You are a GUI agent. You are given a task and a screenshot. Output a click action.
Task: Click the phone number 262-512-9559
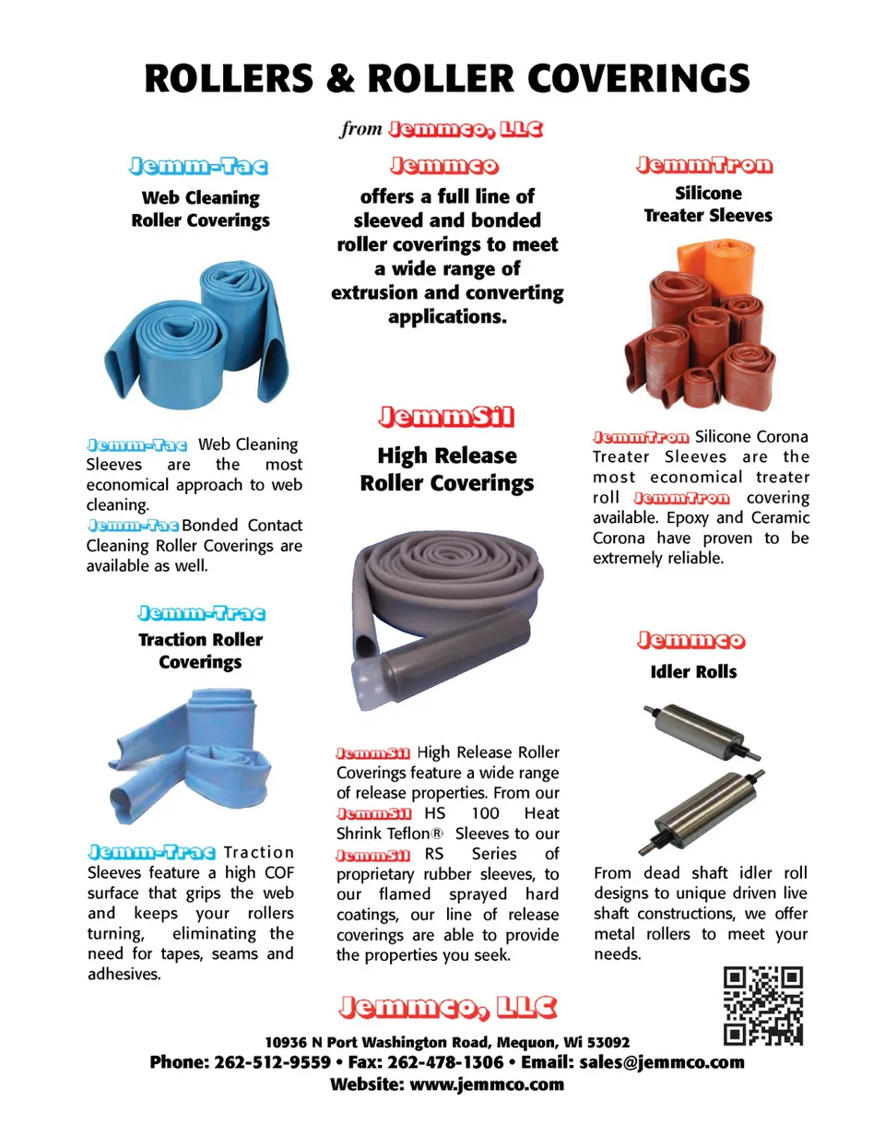[272, 1062]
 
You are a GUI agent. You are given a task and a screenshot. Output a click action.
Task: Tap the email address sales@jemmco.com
[661, 1062]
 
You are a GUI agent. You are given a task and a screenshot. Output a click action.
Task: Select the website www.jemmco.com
[486, 1084]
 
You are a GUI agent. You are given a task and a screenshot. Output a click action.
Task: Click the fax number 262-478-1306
[445, 1062]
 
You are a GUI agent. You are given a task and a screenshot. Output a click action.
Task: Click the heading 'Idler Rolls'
[693, 672]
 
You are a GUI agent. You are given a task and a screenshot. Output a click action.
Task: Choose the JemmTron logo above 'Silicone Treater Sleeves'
[704, 166]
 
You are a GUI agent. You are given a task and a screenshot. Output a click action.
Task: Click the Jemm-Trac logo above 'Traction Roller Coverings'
[201, 613]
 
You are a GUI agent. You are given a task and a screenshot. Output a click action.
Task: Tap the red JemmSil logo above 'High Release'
[446, 417]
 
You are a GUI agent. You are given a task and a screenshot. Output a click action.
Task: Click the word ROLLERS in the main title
[229, 79]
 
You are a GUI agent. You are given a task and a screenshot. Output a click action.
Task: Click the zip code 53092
[608, 1042]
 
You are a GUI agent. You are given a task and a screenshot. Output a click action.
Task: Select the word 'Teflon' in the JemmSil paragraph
[408, 834]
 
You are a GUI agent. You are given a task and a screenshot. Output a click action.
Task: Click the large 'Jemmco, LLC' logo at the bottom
[447, 1007]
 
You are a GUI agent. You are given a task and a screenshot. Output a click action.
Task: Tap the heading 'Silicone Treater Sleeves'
[708, 204]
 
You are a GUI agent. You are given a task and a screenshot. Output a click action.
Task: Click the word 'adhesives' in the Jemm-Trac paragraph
[124, 974]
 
